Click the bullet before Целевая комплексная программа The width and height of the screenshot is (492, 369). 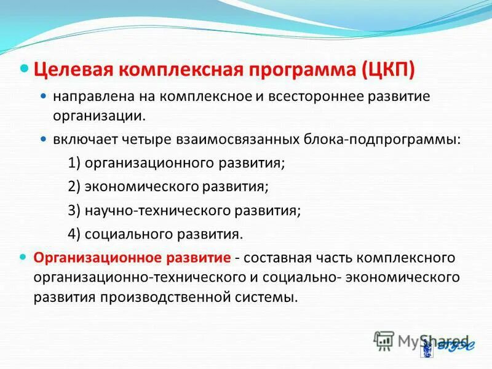tap(25, 66)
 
